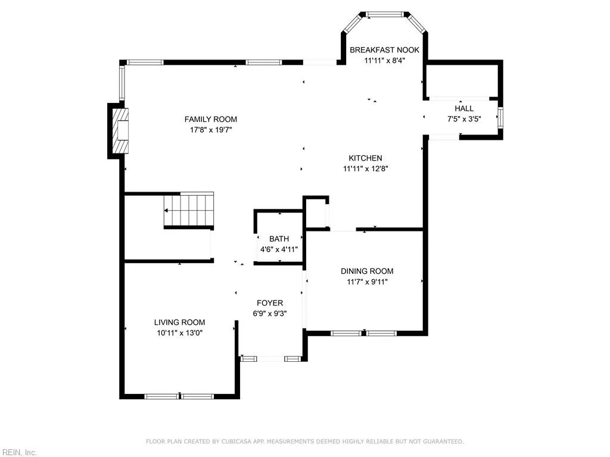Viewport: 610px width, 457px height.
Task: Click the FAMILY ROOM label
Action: click(x=210, y=120)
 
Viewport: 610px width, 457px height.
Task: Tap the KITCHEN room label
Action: click(x=365, y=158)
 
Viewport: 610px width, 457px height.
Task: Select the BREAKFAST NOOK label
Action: click(x=384, y=50)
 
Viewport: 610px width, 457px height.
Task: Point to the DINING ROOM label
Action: click(x=366, y=271)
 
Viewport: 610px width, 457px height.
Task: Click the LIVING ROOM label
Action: click(x=180, y=323)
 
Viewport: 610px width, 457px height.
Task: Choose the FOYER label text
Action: click(x=270, y=303)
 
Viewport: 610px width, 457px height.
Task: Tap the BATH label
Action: click(x=279, y=239)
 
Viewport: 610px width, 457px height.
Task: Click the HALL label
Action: click(x=464, y=108)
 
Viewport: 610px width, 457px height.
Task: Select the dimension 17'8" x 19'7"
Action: click(x=210, y=130)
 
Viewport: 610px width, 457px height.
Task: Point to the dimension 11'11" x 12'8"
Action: click(x=365, y=168)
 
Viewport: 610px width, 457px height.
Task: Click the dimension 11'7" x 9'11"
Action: click(x=366, y=282)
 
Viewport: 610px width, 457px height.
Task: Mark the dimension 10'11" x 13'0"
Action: click(x=180, y=333)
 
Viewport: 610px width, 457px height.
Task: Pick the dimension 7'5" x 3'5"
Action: click(x=464, y=118)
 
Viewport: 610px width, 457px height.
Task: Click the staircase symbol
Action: click(x=189, y=210)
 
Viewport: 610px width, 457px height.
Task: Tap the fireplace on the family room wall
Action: click(x=122, y=130)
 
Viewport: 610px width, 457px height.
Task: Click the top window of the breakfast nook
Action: click(x=384, y=14)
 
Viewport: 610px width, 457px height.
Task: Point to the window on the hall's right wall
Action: click(x=500, y=118)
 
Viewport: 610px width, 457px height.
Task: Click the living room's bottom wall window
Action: click(x=180, y=396)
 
